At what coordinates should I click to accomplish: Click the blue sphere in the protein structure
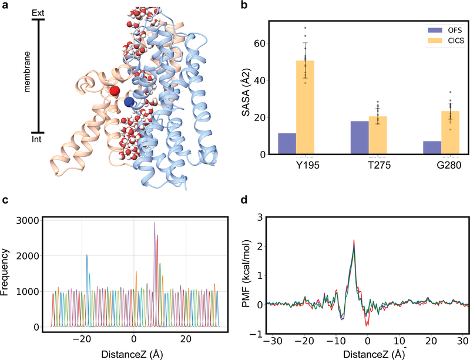(130, 102)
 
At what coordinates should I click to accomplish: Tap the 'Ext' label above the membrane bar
(39, 12)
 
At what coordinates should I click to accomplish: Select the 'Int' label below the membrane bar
(39, 140)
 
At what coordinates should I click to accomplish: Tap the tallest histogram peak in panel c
(155, 223)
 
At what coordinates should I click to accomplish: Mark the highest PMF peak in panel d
(354, 240)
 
